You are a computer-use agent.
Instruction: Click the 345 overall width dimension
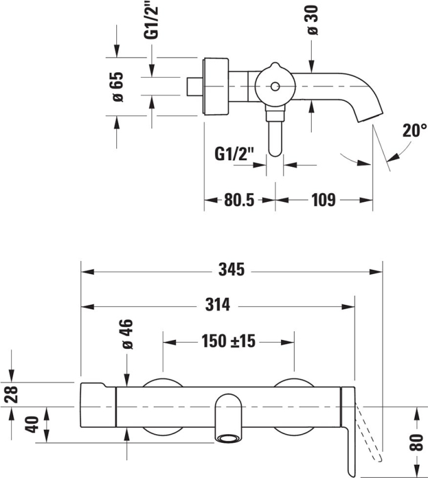pyautogui.click(x=231, y=270)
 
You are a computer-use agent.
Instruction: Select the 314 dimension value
pyautogui.click(x=217, y=304)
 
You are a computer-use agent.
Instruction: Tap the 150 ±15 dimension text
pyautogui.click(x=228, y=341)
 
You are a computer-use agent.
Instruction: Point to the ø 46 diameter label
pyautogui.click(x=128, y=334)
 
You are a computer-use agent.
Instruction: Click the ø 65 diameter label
pyautogui.click(x=118, y=87)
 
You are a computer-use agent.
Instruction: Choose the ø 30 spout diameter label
pyautogui.click(x=312, y=20)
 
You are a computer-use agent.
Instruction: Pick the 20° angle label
pyautogui.click(x=414, y=130)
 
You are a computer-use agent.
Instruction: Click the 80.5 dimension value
pyautogui.click(x=239, y=200)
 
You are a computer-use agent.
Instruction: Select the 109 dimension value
pyautogui.click(x=324, y=200)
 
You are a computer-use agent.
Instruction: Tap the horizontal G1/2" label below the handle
pyautogui.click(x=234, y=154)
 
